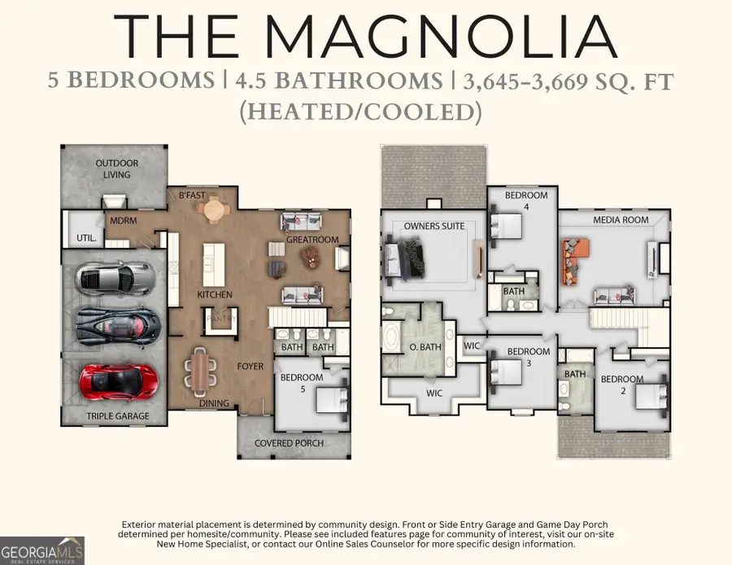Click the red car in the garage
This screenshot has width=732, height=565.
coord(118,379)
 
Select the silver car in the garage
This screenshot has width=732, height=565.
coord(115,278)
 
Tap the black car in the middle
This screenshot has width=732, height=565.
coord(118,326)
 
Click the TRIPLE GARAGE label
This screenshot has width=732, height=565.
coord(118,416)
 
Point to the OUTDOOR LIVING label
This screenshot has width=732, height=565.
coord(117,168)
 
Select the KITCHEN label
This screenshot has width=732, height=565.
coord(215,294)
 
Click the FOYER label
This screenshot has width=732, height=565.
coord(251,367)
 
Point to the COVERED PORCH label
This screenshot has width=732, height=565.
coord(289,443)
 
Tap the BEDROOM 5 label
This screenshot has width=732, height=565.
coord(302,383)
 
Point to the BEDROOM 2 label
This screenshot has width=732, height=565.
coord(622,385)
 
